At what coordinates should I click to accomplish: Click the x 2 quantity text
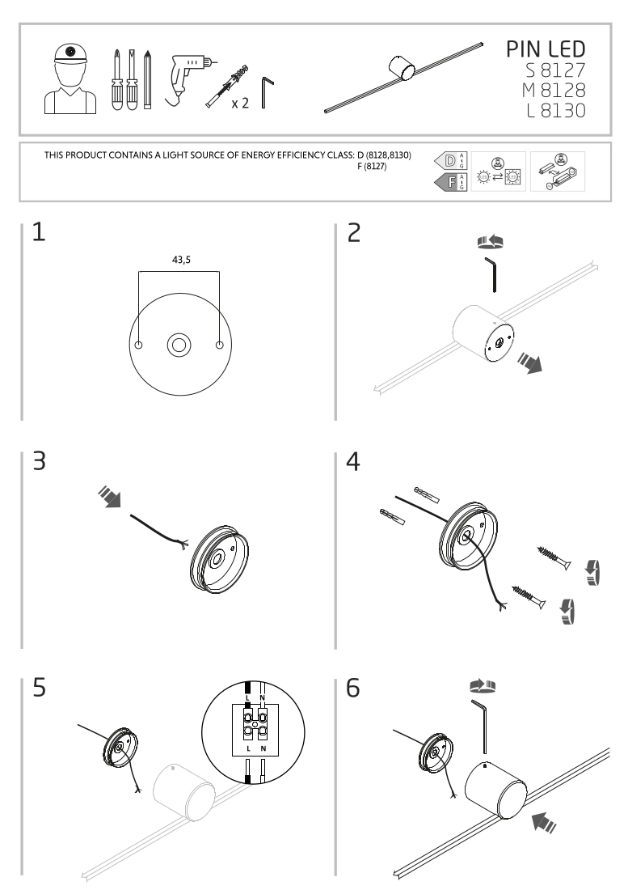(x=239, y=104)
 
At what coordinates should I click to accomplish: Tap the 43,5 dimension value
(x=180, y=261)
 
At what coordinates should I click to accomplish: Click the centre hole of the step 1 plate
(x=179, y=345)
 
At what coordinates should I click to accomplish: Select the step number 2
(x=354, y=232)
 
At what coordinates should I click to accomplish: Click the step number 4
(x=354, y=464)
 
